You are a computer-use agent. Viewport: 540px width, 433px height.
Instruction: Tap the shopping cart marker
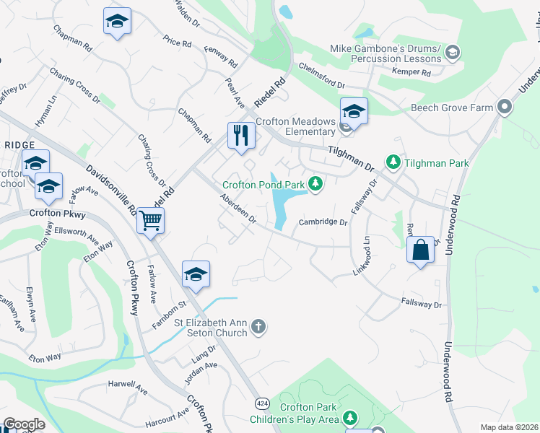(x=151, y=220)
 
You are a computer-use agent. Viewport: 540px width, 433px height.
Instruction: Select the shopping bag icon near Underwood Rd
(x=420, y=250)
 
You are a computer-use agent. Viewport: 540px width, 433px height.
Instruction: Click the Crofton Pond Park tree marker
(x=315, y=185)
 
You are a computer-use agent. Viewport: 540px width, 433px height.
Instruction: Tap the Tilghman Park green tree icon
(x=393, y=163)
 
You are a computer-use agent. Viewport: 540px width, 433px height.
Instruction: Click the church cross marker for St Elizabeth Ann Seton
(x=258, y=328)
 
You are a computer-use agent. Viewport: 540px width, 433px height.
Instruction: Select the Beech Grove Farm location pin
(x=505, y=108)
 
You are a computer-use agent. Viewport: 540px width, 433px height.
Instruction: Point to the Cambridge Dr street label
(x=325, y=222)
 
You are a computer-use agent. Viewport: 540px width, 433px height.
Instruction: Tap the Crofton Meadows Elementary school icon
(x=354, y=111)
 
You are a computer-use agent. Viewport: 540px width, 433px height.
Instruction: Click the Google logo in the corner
(x=23, y=424)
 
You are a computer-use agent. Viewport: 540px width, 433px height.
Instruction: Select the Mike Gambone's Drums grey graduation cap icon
(x=452, y=52)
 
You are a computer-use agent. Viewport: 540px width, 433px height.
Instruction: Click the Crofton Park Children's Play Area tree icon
(x=350, y=418)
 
